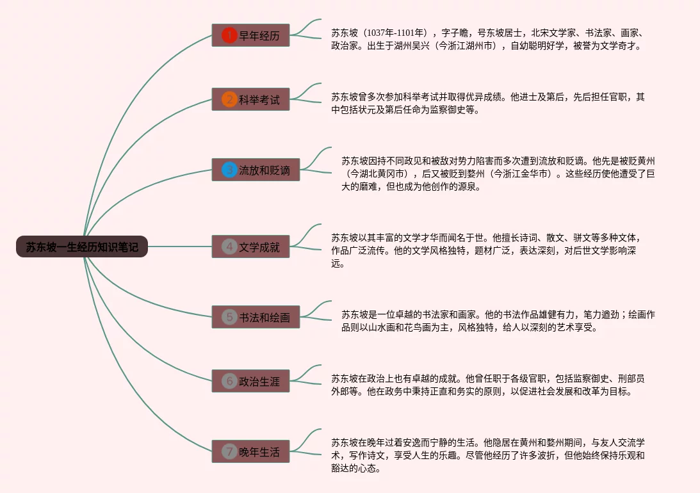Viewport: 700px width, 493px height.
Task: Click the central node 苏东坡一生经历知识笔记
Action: point(82,247)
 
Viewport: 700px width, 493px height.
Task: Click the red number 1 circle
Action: point(229,35)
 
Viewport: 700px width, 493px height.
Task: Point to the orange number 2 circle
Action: point(229,99)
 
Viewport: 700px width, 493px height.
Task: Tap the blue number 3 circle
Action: point(229,170)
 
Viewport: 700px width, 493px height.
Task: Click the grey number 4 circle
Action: point(229,247)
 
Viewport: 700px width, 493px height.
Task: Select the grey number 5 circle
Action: point(229,317)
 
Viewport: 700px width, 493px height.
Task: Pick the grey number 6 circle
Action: point(229,381)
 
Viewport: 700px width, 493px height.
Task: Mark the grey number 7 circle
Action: point(229,451)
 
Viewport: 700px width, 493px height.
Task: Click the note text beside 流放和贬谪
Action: point(498,174)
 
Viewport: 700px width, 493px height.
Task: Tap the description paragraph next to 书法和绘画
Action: point(498,321)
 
